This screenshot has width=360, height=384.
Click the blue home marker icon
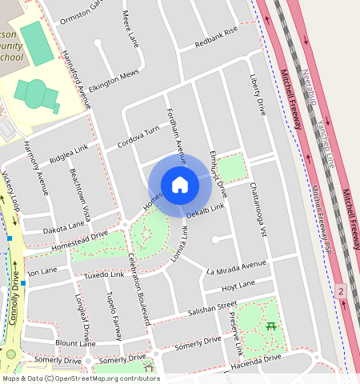[180, 185]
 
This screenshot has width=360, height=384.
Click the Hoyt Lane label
[238, 284]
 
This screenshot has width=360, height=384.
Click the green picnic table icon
[270, 326]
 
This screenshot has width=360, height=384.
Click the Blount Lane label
[76, 343]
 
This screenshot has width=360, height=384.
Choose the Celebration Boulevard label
[139, 287]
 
